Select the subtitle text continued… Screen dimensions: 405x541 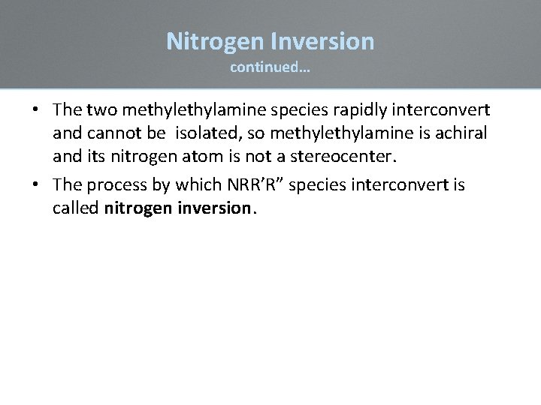[x=270, y=68]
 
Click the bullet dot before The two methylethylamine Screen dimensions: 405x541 [x=36, y=110]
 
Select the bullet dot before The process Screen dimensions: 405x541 [x=36, y=184]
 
